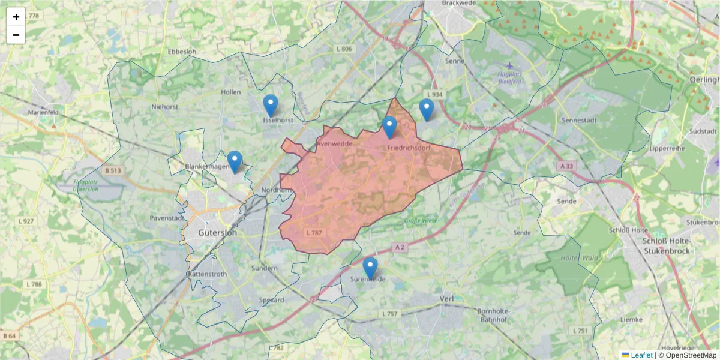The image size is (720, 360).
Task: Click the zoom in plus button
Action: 16,17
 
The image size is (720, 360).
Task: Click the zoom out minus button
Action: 16,35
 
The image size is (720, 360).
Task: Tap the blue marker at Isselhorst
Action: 271,106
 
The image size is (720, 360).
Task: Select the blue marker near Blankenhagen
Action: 235,161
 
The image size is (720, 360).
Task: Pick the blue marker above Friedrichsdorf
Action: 389,127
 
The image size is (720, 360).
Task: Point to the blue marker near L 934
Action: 427,110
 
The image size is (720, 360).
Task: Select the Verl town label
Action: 446,298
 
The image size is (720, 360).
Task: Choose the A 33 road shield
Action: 566,165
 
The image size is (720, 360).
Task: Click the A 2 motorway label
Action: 401,247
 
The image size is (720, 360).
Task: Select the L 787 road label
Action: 314,232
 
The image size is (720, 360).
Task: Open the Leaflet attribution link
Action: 641,355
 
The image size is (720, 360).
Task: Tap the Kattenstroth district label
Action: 207,274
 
